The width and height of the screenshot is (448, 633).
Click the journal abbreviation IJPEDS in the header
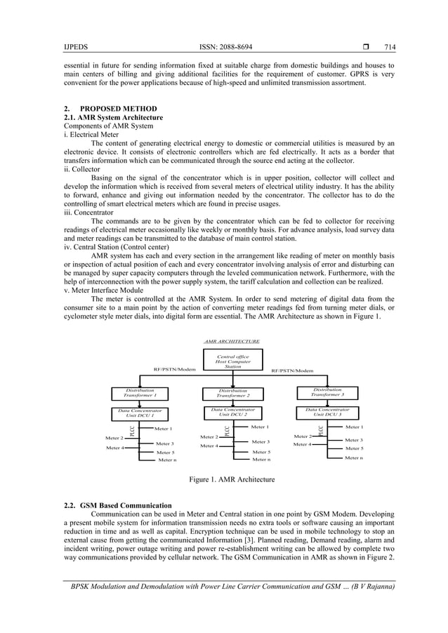74,48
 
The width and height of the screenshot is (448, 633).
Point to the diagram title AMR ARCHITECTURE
232,340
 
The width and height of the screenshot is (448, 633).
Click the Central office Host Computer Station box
232,361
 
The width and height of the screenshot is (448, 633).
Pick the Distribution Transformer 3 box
327,392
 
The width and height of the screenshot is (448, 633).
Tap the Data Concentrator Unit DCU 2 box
232,412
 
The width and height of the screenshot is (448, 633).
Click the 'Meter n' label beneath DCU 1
167,460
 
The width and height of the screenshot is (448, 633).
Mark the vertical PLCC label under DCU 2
227,429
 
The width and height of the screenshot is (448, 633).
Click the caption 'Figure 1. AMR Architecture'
232,480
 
